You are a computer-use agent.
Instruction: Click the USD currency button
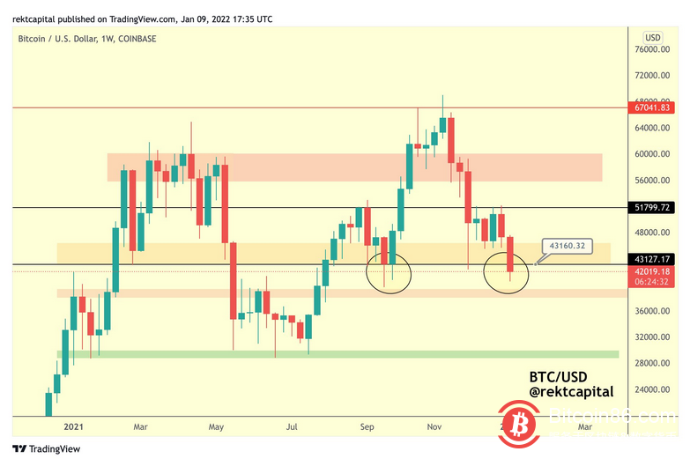[653, 37]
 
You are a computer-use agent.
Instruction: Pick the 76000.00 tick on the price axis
[657, 49]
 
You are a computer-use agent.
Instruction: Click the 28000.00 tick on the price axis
[657, 363]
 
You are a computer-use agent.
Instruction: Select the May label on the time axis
[216, 426]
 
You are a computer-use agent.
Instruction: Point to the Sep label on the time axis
[368, 426]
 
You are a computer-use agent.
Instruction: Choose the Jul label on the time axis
[293, 426]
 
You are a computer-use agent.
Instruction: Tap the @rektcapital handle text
[570, 391]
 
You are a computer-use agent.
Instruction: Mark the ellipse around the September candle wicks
[389, 271]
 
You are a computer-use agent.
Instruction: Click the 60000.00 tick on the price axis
[657, 154]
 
